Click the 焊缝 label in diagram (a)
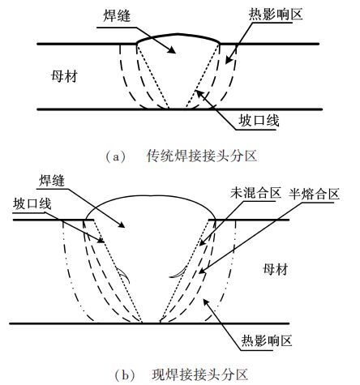coord(117,16)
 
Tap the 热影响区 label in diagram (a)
coord(276,14)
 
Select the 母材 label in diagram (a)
coord(64,76)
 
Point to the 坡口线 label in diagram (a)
coord(259,121)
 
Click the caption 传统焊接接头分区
coord(202,156)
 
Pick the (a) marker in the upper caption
coord(116,156)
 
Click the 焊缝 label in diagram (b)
coord(52,181)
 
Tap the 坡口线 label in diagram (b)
coord(32,204)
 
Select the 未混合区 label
coord(255,193)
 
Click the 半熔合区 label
coord(315,194)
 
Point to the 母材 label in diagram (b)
coord(276,269)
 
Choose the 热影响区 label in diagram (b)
coord(267,340)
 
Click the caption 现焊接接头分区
coord(199,374)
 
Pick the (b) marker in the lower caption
coord(125,375)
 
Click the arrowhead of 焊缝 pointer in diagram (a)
coord(172,50)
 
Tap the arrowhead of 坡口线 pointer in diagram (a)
coord(199,93)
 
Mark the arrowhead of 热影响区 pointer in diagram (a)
coord(228,61)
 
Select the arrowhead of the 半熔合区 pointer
coord(202,271)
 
